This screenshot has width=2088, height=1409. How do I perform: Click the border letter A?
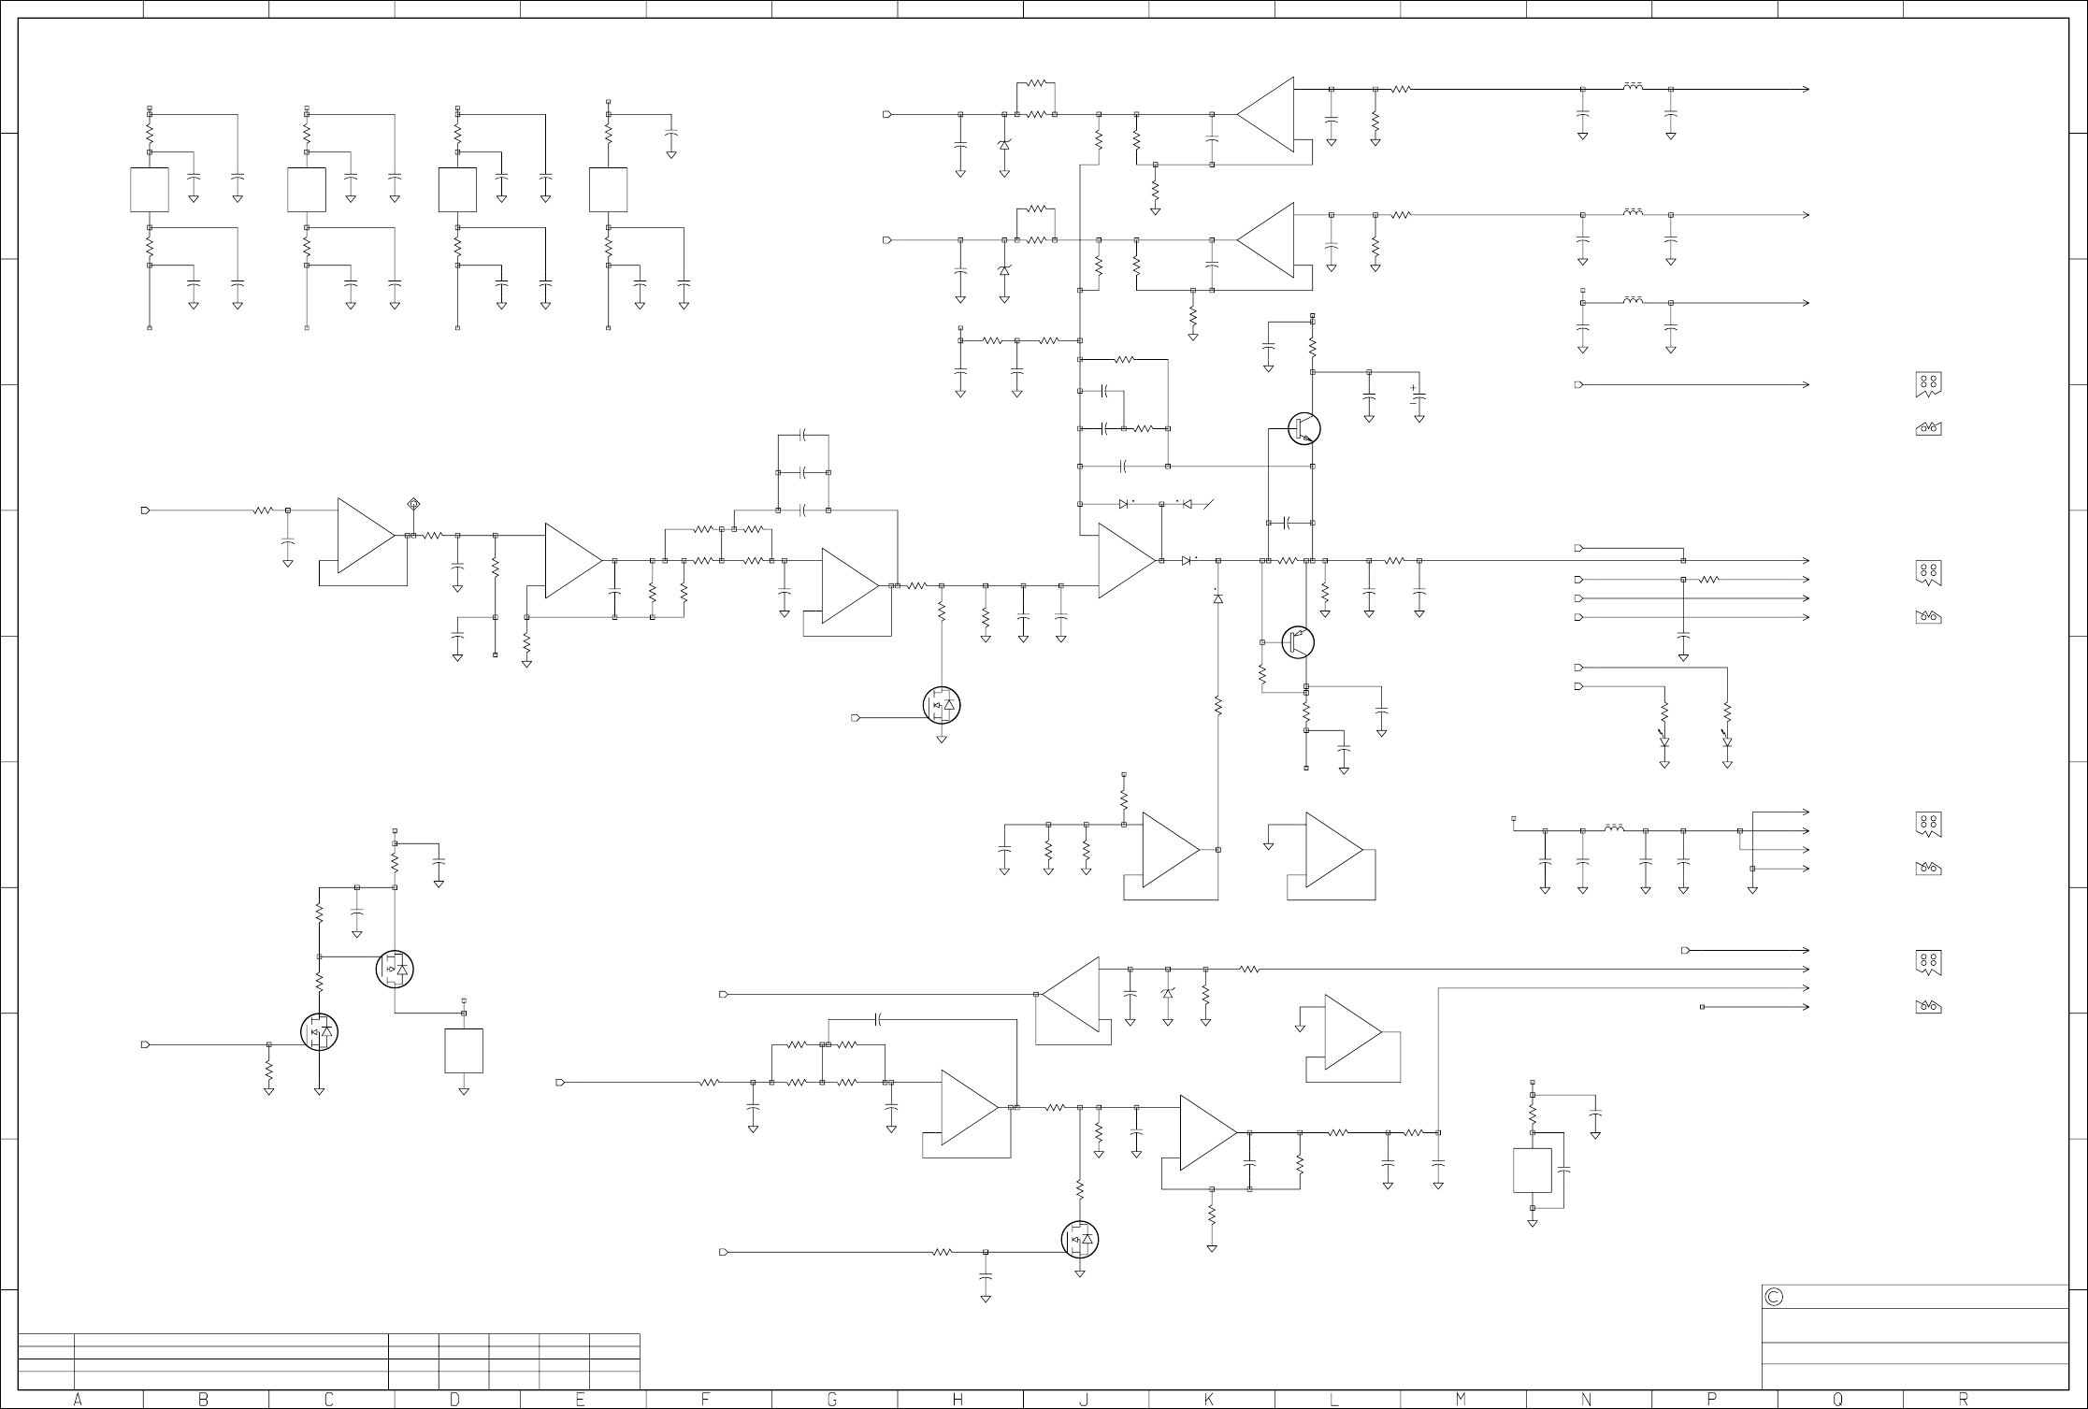(x=78, y=1400)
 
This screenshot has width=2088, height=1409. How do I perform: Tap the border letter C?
(x=329, y=1400)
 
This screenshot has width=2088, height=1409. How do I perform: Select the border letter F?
(x=706, y=1400)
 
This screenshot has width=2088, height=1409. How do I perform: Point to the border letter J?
(x=1084, y=1400)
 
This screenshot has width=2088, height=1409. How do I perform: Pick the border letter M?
(x=1461, y=1400)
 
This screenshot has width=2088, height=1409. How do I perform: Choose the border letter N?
(x=1587, y=1400)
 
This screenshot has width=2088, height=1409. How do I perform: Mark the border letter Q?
(x=1838, y=1400)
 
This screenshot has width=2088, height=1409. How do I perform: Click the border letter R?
(x=1964, y=1400)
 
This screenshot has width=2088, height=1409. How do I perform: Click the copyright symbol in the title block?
(x=1774, y=1298)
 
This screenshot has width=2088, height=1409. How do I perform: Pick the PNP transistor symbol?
(x=1298, y=642)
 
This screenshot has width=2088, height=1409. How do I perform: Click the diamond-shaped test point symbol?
(x=414, y=505)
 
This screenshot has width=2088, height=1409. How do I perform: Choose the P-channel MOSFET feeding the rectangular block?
(x=394, y=970)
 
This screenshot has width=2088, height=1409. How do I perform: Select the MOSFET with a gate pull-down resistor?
(x=319, y=1032)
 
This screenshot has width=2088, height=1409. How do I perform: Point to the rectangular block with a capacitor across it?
(x=1532, y=1171)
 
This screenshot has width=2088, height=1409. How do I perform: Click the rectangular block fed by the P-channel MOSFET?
(x=464, y=1051)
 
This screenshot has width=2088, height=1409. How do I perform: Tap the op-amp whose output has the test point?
(x=366, y=536)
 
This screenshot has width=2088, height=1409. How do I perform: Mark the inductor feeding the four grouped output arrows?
(x=1613, y=829)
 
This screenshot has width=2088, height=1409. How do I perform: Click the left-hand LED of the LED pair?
(x=1664, y=740)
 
